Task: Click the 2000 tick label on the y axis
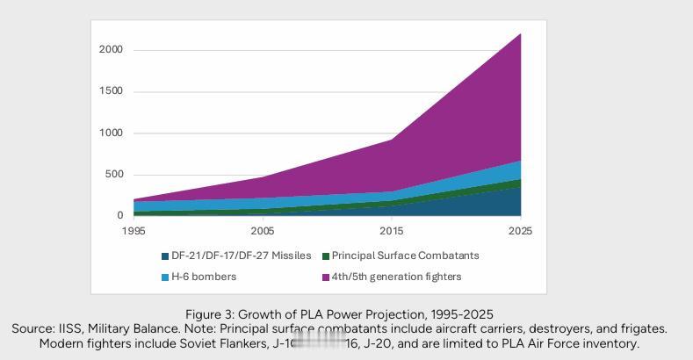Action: (111, 50)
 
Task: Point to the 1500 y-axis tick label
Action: (111, 91)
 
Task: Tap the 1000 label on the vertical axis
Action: (111, 133)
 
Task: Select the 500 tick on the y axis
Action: (113, 175)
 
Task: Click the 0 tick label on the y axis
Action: (119, 216)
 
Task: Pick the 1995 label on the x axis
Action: (134, 231)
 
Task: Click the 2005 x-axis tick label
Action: (263, 231)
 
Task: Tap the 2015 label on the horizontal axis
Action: (392, 231)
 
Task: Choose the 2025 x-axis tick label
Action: (519, 231)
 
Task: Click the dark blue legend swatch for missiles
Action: (164, 256)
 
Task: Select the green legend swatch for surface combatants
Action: (325, 256)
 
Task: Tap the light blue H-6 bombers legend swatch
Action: (164, 277)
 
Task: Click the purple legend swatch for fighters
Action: (325, 277)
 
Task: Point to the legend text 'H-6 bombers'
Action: (205, 277)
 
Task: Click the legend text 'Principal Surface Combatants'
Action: (406, 256)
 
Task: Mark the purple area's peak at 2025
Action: (521, 34)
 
